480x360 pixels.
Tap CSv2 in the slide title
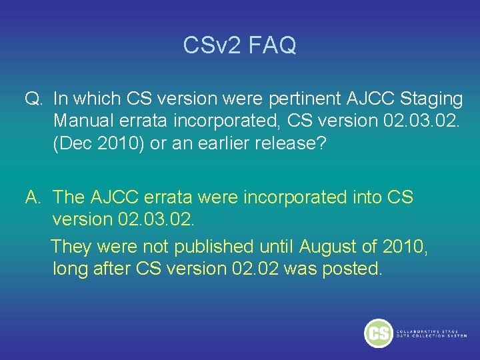click(211, 45)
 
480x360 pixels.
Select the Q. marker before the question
click(35, 99)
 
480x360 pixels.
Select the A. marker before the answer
click(35, 197)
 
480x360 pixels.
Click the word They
click(71, 247)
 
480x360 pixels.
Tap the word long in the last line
click(70, 269)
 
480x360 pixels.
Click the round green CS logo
click(378, 333)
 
